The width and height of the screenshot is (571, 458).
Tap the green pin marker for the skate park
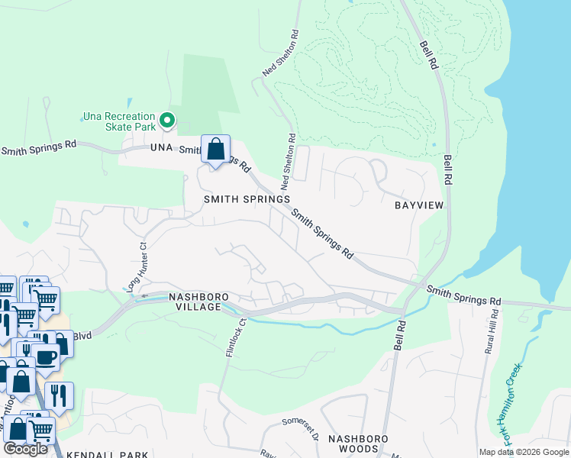click(x=166, y=121)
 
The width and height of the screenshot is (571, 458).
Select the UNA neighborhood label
click(x=163, y=147)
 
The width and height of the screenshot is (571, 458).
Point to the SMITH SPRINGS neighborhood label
click(x=247, y=198)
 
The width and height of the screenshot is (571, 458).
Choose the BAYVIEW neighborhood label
click(x=418, y=205)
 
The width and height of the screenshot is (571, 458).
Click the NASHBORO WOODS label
click(x=359, y=443)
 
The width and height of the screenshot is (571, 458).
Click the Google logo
click(x=26, y=449)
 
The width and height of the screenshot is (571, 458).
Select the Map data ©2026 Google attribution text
click(x=524, y=452)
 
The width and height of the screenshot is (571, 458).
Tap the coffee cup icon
click(x=45, y=356)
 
